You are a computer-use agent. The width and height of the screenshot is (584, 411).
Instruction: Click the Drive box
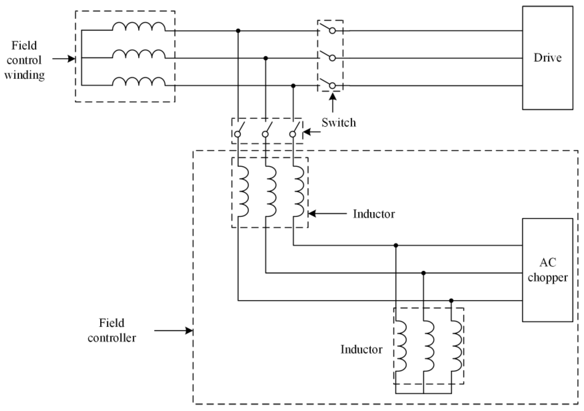(547, 58)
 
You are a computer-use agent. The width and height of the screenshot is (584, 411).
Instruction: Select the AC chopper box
(547, 270)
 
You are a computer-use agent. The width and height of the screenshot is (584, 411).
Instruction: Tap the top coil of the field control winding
(139, 27)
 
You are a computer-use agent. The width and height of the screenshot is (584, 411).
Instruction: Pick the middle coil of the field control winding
(139, 54)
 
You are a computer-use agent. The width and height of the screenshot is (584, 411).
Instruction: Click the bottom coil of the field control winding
(139, 82)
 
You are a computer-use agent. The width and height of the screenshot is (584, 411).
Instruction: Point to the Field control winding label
(24, 60)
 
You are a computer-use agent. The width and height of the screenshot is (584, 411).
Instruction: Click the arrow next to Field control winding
(64, 59)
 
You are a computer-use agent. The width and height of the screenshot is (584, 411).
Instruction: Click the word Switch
(339, 123)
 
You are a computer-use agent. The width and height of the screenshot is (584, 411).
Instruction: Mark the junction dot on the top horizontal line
(238, 31)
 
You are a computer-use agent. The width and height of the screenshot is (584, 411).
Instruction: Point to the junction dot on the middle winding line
(266, 58)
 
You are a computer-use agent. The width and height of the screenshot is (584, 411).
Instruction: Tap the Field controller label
(112, 330)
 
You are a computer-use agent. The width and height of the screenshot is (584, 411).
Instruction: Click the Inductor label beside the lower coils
(361, 350)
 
